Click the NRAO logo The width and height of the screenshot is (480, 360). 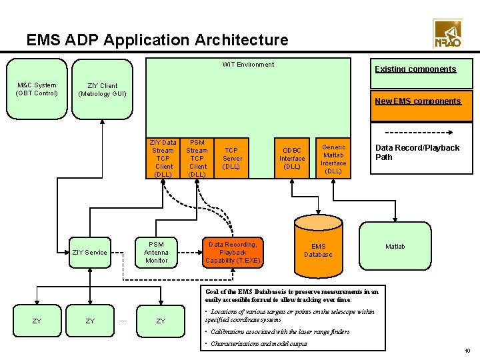point(447,33)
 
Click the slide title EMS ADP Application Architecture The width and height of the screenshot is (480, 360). point(157,40)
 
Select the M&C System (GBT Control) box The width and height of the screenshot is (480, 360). point(37,89)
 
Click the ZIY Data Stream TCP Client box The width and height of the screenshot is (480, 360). point(163,159)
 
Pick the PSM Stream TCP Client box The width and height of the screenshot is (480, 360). point(197,159)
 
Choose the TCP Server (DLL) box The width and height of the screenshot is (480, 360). point(232,159)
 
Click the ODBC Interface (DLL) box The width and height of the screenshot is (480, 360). point(292,159)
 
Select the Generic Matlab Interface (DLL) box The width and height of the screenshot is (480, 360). point(333,159)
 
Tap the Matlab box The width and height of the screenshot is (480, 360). point(395,247)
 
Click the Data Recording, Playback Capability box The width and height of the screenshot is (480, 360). point(232,252)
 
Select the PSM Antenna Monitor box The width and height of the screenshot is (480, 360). point(156,252)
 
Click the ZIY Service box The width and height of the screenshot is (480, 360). point(89,252)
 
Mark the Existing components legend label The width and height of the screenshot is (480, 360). point(415,69)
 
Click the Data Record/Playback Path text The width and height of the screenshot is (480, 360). point(417,153)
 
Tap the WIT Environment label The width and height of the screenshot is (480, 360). point(247,65)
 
